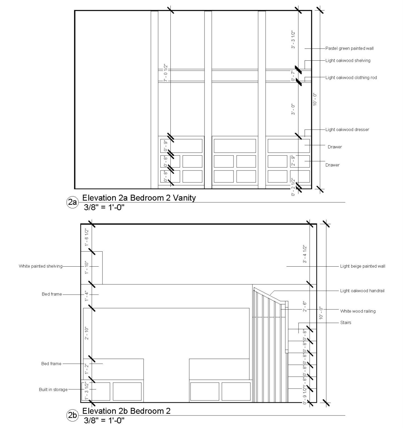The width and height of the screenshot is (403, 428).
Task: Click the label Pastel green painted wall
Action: coord(349,49)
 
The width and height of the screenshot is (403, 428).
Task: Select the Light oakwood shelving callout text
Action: coord(348,60)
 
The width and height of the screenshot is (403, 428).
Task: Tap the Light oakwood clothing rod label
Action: coord(351,77)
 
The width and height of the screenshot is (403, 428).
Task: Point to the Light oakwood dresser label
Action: coord(347,130)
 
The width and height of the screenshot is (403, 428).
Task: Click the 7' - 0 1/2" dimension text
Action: coord(166,73)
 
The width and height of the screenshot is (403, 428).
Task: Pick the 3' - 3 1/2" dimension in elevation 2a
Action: coord(293,40)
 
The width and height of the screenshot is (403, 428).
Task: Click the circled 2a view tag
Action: coord(72,202)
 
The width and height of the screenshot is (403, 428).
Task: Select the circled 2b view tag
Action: coord(72,416)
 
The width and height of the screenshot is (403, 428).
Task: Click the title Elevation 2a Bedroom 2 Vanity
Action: coord(139,198)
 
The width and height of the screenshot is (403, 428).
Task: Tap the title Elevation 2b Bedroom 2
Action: coord(126,411)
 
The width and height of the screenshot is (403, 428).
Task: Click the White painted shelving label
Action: coord(41,266)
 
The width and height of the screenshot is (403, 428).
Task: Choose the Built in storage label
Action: coord(53,390)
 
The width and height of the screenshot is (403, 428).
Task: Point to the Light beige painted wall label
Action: coord(363,266)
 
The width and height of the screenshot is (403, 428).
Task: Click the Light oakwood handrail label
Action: coord(362,291)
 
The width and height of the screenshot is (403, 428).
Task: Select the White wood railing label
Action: coord(358,311)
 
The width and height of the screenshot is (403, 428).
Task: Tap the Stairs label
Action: coord(346,322)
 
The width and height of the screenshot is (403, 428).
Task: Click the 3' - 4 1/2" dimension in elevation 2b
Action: coord(305,254)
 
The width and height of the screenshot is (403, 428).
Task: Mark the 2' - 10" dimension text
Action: coord(87,333)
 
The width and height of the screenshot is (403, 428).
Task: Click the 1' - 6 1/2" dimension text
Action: coord(87,237)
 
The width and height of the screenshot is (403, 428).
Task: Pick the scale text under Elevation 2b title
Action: coord(104,420)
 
